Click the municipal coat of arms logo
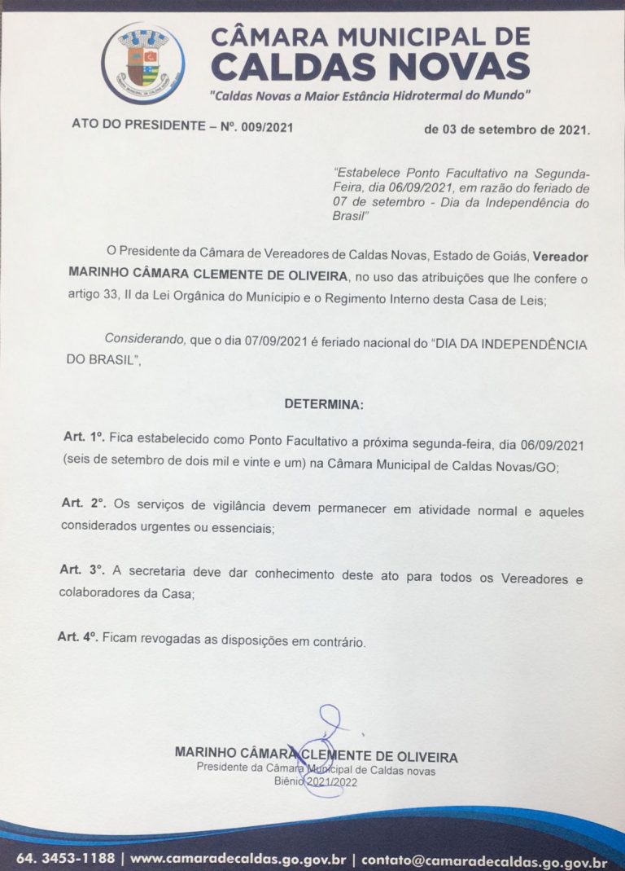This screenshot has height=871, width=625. click(x=142, y=64)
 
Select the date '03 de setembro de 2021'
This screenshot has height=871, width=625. click(x=507, y=129)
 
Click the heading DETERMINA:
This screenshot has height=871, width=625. click(x=325, y=403)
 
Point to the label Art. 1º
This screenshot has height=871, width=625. click(x=84, y=438)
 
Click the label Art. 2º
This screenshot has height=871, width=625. click(x=84, y=503)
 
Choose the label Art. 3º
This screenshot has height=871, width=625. click(x=83, y=568)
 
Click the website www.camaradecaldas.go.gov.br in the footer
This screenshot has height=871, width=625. click(x=238, y=860)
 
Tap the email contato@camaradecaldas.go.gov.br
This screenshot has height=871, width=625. click(x=484, y=860)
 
